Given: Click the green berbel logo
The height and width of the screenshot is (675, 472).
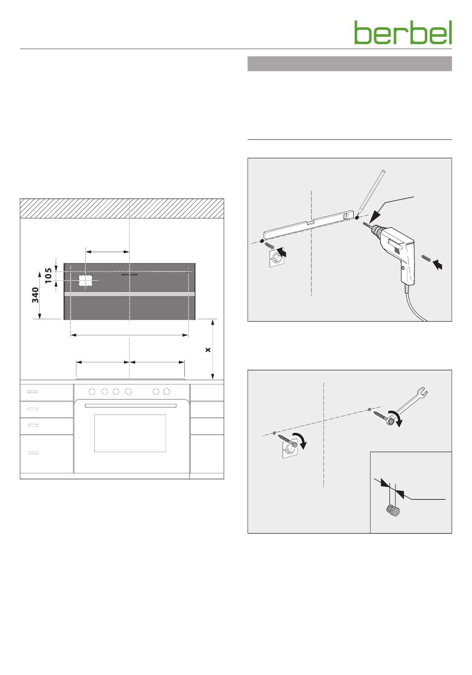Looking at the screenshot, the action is point(403,33).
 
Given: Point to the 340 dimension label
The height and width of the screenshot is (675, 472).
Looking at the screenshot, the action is point(35,295).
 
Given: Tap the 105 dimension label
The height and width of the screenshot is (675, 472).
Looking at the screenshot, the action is point(48,275).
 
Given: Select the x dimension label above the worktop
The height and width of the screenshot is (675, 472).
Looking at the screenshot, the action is point(208,349).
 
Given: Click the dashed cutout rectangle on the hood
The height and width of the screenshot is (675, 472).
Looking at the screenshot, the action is point(85,280).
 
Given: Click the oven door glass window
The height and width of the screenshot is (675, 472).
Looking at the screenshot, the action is point(130,433).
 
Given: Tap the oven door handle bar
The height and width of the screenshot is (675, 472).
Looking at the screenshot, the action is point(131,405).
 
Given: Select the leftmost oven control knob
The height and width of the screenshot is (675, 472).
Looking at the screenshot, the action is point(92,392).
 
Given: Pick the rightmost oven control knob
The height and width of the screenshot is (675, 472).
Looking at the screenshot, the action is point(166,392).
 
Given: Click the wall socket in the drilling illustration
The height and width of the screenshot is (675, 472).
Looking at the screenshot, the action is point(277,257).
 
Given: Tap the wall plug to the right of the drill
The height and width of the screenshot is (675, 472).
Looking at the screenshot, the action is point(426,258).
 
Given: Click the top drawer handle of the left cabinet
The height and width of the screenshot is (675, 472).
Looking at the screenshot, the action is point(33,392).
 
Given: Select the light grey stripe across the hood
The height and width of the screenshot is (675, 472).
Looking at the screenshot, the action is point(130,294).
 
